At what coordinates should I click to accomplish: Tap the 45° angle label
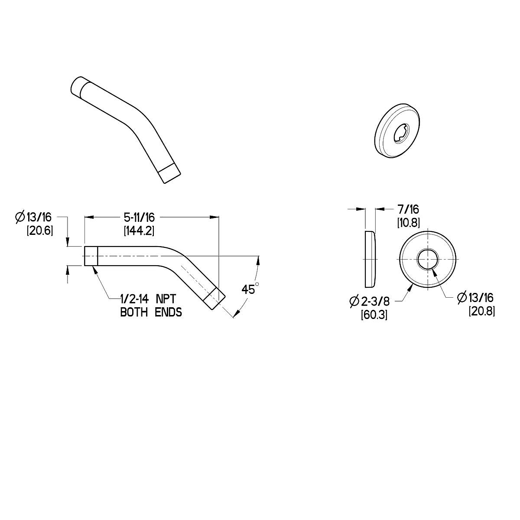click(x=250, y=289)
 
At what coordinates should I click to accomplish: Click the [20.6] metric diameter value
click(x=40, y=231)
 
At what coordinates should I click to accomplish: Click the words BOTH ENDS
click(x=151, y=312)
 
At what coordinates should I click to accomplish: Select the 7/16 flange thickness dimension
click(x=408, y=210)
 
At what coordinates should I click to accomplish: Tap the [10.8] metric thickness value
click(x=408, y=223)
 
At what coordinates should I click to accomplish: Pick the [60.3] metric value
click(x=374, y=315)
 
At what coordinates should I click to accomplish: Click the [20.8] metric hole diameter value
click(x=481, y=311)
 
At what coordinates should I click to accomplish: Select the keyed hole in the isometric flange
click(x=401, y=133)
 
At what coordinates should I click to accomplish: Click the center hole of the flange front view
click(x=427, y=260)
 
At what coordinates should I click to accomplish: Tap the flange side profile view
click(x=370, y=259)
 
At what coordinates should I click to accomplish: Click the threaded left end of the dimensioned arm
click(x=91, y=256)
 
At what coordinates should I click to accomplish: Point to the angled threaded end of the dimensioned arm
click(x=215, y=299)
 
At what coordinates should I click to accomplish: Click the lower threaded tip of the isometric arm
click(x=169, y=173)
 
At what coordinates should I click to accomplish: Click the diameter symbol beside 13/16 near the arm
click(x=20, y=218)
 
